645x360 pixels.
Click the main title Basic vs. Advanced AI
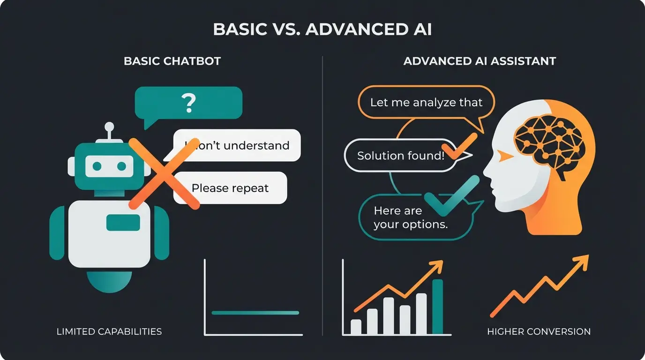(x=322, y=29)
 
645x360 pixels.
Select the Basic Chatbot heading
(x=172, y=61)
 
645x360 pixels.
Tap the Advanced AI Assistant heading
(x=480, y=61)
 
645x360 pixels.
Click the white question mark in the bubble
(x=188, y=103)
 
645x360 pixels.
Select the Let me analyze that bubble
(x=426, y=102)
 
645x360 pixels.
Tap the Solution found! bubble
(x=400, y=156)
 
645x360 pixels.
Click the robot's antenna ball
(x=109, y=127)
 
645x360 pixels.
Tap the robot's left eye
(x=97, y=166)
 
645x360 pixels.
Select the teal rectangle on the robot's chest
(x=123, y=222)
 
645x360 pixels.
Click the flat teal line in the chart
(x=255, y=313)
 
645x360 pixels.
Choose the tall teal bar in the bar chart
(x=437, y=307)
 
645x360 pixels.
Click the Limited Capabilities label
(x=109, y=331)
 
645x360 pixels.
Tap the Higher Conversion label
(x=539, y=331)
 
